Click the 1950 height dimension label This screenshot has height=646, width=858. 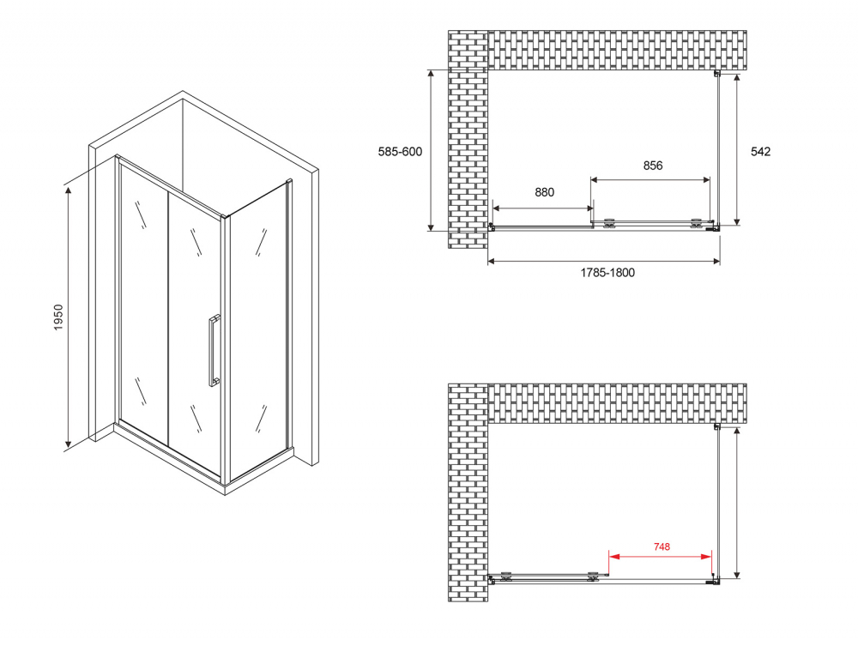tap(58, 317)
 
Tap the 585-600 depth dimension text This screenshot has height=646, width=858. tap(400, 152)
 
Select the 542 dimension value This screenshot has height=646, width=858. tap(760, 152)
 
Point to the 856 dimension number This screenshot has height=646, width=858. tap(653, 166)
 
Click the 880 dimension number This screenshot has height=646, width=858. tap(545, 192)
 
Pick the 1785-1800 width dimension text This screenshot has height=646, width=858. tap(607, 273)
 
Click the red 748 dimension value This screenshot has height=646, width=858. tap(662, 546)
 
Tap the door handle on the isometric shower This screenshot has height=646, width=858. tap(214, 351)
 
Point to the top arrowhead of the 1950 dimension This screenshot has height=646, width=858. tap(69, 190)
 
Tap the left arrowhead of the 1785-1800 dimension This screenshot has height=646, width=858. tap(492, 262)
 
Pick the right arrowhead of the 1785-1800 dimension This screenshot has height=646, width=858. tap(716, 262)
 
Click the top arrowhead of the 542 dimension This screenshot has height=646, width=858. tap(737, 78)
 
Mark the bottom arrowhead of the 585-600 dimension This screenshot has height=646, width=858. tap(432, 226)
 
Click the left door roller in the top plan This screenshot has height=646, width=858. tap(609, 223)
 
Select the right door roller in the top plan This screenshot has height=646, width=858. tap(696, 223)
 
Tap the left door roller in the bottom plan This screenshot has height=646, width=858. tap(505, 576)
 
